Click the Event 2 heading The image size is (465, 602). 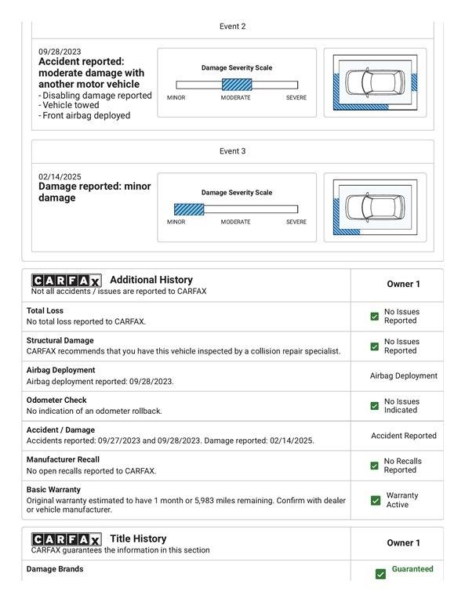pos(232,27)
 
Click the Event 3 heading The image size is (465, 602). pos(232,151)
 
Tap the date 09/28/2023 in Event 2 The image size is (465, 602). pos(60,52)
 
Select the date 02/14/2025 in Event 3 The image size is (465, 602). pos(60,176)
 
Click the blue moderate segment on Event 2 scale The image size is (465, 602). pos(237,85)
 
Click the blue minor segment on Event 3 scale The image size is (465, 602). pos(189,209)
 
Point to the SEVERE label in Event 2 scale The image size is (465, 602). pos(296,98)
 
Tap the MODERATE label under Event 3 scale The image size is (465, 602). pos(235,222)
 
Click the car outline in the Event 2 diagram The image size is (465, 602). pos(375,82)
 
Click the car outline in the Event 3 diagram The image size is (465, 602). pos(375,207)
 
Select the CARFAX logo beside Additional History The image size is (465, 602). pos(67,281)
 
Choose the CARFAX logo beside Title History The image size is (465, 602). pos(67,539)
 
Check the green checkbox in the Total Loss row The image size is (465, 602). pos(374,317)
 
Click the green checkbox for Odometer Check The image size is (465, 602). pos(374,406)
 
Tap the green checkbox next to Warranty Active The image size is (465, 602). pos(376,500)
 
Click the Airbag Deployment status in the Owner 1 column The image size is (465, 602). pos(404,376)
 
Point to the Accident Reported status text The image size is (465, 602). pos(404,436)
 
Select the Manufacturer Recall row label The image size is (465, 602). pos(63,459)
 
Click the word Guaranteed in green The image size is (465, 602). pos(412,569)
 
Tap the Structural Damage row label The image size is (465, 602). pos(60,340)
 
